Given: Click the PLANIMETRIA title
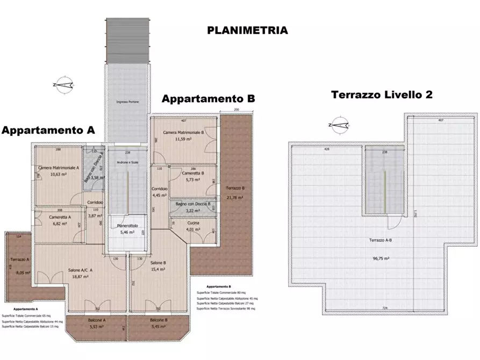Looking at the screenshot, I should pos(247,31).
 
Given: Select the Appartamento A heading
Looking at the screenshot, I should pos(48,130).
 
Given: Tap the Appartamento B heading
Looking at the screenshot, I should pos(208,99).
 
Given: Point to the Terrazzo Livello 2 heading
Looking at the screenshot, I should pos(382,95).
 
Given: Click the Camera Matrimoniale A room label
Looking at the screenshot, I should pos(59,168).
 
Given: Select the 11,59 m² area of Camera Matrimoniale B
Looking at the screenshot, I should pos(184,139).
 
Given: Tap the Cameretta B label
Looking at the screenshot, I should pos(192,174).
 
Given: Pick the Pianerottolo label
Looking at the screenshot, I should pos(128,226).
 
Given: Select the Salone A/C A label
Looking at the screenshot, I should pos(80,270).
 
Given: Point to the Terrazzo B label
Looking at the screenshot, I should pos(235,188).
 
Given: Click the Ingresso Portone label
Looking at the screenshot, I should pos(127,102).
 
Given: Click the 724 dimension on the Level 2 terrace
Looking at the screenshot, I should pos(385,308).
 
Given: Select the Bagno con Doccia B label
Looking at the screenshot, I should pos(192,204).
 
